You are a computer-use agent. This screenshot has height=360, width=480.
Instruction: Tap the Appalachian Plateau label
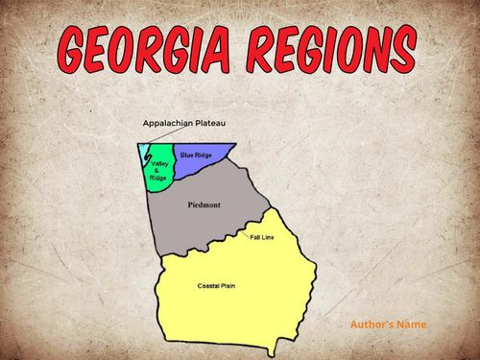[x=183, y=124]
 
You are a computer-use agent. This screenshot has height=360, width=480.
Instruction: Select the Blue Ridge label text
[x=196, y=155]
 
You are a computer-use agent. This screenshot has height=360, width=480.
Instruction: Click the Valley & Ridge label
[x=159, y=170]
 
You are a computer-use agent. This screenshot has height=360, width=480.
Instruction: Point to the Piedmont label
[x=205, y=205]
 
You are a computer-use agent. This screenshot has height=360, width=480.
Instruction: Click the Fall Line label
[x=261, y=236]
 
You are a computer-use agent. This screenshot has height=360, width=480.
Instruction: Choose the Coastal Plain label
[x=215, y=286]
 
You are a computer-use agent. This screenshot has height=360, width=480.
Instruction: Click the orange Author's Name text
[x=388, y=324]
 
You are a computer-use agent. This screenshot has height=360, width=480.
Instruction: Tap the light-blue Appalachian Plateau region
[x=144, y=153]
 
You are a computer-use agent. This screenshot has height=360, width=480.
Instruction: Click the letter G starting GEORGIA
[x=78, y=50]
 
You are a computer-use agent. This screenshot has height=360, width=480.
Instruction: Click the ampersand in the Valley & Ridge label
[x=159, y=170]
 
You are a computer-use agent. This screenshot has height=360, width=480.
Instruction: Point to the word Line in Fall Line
[x=268, y=236]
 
